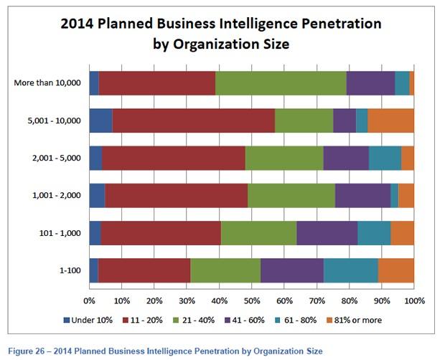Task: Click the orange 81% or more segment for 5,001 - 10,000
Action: tap(390, 120)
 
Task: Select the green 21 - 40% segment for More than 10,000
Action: tap(281, 83)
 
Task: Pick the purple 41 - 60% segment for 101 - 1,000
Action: tap(327, 232)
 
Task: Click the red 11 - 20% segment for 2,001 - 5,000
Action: tap(176, 158)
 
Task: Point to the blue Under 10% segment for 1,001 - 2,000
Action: tap(97, 195)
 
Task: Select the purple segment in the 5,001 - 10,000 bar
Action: tap(345, 120)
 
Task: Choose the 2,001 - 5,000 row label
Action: tap(58, 158)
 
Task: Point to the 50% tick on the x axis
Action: tap(252, 300)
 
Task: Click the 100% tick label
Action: tap(414, 300)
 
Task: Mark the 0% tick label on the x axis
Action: tap(90, 300)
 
